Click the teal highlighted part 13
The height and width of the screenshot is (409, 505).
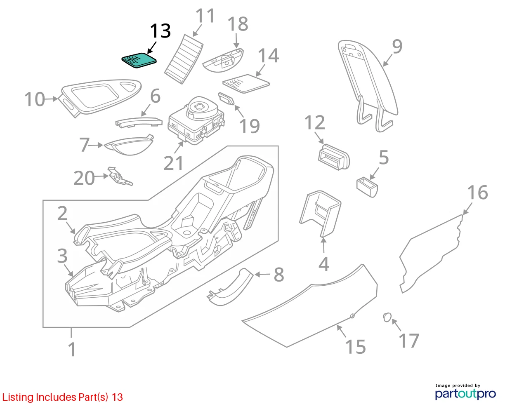point(139,60)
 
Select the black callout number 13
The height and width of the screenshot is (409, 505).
point(160,31)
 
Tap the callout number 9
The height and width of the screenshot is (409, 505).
point(397,47)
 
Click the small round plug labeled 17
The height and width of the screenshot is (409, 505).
point(387,317)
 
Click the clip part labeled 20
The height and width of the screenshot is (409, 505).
point(120,177)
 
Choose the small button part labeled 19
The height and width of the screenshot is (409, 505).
point(226,99)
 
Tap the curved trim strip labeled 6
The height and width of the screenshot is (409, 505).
point(139,122)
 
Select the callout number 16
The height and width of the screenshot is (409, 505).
point(477,192)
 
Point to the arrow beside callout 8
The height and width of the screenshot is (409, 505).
point(262,275)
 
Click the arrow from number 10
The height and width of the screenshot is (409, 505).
point(52,99)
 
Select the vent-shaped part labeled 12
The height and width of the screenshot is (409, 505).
point(334,157)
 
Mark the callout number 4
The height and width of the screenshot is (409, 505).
point(324,264)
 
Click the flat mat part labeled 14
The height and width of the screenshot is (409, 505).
point(246,83)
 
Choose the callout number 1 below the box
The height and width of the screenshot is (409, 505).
point(72,349)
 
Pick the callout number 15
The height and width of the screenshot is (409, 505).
point(355,347)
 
